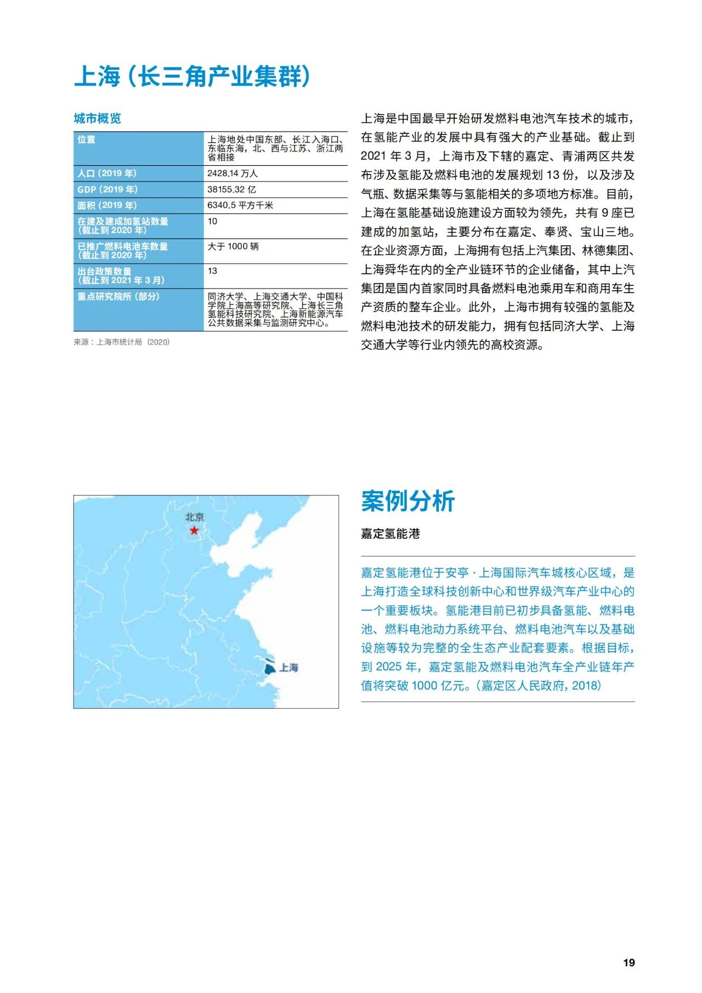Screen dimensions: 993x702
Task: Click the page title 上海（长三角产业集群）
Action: (x=193, y=76)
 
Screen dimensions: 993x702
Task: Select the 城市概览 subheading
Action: (x=97, y=119)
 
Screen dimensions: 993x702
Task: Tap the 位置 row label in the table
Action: (x=86, y=140)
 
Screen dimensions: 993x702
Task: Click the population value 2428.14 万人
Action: (x=232, y=173)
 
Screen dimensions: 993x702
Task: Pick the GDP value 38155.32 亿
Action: (x=231, y=189)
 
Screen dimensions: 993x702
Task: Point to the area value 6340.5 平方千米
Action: (x=240, y=205)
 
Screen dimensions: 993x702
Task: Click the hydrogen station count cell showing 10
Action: (x=212, y=222)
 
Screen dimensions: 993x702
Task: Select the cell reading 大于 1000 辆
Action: (x=233, y=246)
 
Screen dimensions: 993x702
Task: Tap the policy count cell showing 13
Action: (x=212, y=271)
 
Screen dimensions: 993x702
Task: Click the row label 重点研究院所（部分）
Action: (x=118, y=297)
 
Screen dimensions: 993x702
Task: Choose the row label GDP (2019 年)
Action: (x=107, y=189)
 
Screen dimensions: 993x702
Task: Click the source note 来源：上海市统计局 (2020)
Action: (x=122, y=342)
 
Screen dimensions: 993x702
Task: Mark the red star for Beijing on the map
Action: (x=194, y=531)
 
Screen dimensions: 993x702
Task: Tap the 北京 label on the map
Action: (x=194, y=517)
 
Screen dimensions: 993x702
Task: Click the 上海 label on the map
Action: (x=288, y=668)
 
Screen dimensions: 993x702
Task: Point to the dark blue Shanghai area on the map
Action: (x=269, y=669)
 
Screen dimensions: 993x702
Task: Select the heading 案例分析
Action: (x=407, y=501)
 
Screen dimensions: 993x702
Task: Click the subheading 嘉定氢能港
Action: (x=390, y=534)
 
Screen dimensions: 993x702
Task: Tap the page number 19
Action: (x=629, y=963)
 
